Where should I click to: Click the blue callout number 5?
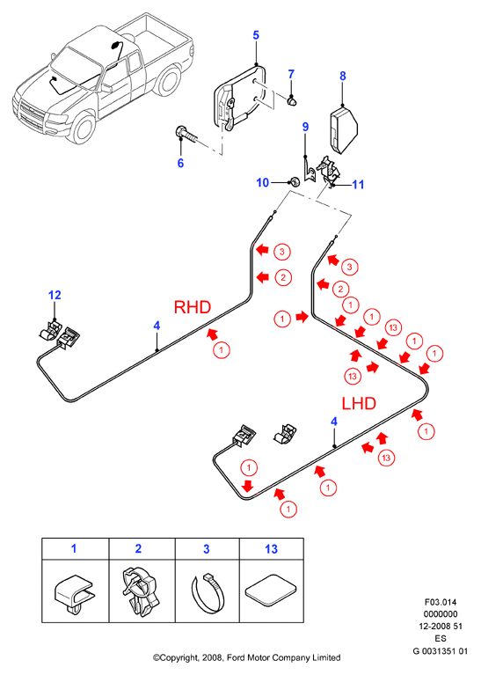(256, 35)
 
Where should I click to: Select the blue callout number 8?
(342, 76)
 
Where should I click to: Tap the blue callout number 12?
(55, 296)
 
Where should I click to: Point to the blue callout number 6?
(180, 163)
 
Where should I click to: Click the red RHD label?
(193, 307)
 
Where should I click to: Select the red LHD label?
(359, 403)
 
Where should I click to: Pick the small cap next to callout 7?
(293, 101)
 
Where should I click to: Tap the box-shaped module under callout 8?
(344, 130)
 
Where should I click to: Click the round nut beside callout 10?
(295, 181)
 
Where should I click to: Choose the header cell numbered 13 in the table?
(272, 549)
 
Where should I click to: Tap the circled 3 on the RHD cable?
(282, 252)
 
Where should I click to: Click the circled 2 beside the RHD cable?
(283, 278)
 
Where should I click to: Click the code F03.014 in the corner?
(441, 602)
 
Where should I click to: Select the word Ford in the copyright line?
(237, 657)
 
